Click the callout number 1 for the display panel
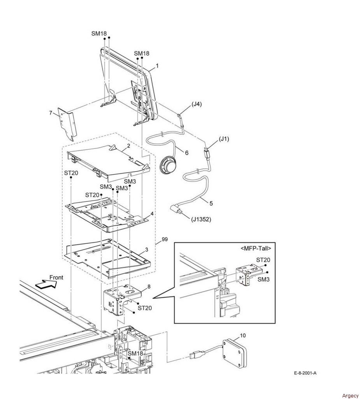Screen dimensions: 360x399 pyautogui.click(x=157, y=65)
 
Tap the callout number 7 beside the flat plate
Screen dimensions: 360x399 pyautogui.click(x=51, y=113)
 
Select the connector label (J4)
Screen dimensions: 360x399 pyautogui.click(x=197, y=104)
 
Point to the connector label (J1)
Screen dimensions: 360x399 pyautogui.click(x=224, y=139)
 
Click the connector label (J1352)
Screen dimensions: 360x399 pyautogui.click(x=201, y=219)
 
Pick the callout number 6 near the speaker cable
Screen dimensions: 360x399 pyautogui.click(x=186, y=153)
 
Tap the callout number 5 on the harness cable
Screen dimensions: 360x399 pyautogui.click(x=211, y=203)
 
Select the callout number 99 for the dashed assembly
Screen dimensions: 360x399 pyautogui.click(x=165, y=240)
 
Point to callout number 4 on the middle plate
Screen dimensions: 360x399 pyautogui.click(x=152, y=214)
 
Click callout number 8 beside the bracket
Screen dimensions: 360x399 pyautogui.click(x=149, y=287)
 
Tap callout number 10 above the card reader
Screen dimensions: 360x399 pyautogui.click(x=243, y=335)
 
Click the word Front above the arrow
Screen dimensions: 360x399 pyautogui.click(x=56, y=277)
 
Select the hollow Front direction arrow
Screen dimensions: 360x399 pyautogui.click(x=46, y=284)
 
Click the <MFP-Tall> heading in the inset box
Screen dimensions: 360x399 pyautogui.click(x=256, y=248)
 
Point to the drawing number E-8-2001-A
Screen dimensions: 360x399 pyautogui.click(x=305, y=373)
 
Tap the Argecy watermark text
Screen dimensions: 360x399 pyautogui.click(x=350, y=395)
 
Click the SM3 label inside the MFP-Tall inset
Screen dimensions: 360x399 pyautogui.click(x=263, y=279)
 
